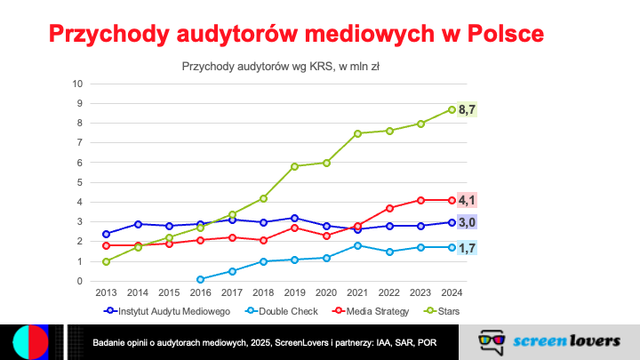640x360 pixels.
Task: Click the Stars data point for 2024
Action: (452, 109)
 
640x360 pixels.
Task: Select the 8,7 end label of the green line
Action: (467, 109)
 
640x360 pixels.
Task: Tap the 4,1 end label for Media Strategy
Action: (467, 200)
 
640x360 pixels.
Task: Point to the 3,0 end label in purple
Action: (467, 222)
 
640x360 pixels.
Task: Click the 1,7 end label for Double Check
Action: (467, 247)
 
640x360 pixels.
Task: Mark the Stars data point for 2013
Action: (107, 261)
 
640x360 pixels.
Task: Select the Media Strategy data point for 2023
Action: (420, 200)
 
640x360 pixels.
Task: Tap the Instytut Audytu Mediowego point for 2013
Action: (107, 234)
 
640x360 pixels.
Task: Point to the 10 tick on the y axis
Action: (78, 84)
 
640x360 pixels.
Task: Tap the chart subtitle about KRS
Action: (281, 66)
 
